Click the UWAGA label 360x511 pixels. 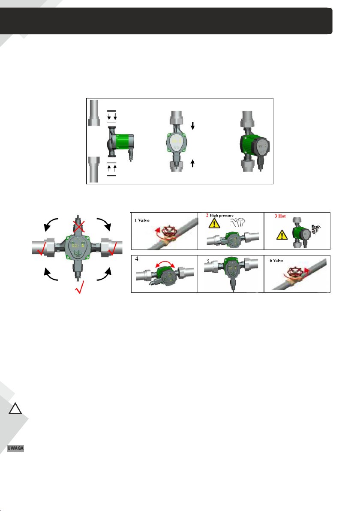tap(15, 448)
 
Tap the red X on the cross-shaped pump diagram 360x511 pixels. tap(79, 225)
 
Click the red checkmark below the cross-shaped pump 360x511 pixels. tap(79, 287)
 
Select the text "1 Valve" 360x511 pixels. tap(142, 221)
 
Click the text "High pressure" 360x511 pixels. tap(222, 215)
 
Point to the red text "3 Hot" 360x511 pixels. tap(280, 216)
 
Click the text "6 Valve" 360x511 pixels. tap(276, 260)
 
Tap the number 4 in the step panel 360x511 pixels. tap(137, 259)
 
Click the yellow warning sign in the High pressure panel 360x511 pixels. tap(214, 223)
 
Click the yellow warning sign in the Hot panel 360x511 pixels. tap(282, 234)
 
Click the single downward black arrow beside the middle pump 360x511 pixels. tap(192, 126)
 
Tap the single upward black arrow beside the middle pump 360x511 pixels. tap(192, 163)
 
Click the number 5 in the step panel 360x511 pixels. tap(208, 262)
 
